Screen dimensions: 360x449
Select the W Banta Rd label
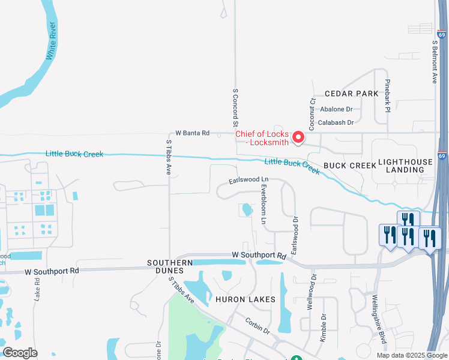tap(192, 133)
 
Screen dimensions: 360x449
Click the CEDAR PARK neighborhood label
tap(352, 94)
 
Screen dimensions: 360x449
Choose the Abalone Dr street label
tap(337, 109)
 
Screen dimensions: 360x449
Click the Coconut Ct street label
tap(312, 113)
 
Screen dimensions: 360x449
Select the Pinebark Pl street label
tap(388, 96)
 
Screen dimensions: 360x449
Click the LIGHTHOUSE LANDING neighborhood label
tap(405, 166)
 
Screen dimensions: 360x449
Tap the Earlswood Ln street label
tap(248, 180)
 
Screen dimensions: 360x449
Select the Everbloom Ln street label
tap(263, 204)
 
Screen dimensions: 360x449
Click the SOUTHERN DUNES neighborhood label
tap(170, 266)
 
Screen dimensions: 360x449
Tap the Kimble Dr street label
tap(323, 327)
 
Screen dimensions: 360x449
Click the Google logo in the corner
tap(20, 352)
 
